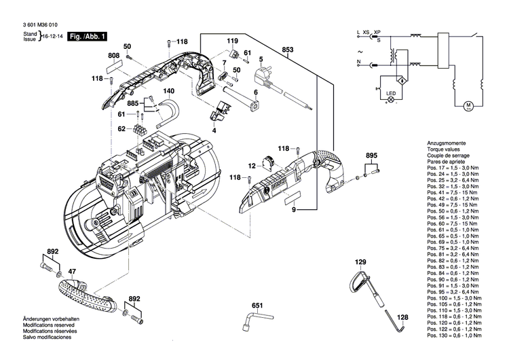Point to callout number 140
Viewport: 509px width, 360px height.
tap(168, 91)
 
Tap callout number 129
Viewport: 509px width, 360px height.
tap(360, 262)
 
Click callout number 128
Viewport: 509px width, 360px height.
tap(402, 317)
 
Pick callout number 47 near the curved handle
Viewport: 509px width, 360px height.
tap(73, 272)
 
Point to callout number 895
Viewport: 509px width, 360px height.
tap(371, 156)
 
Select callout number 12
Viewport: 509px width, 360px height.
tap(250, 165)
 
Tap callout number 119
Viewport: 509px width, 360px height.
tap(233, 42)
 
